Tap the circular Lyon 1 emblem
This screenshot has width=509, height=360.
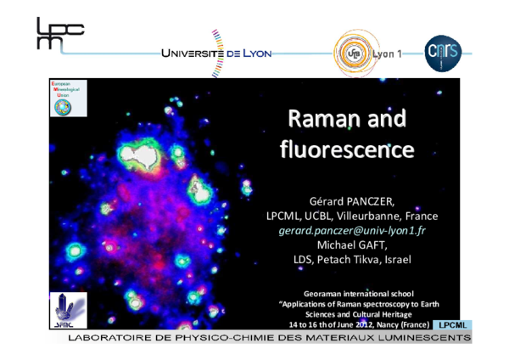pos(354,53)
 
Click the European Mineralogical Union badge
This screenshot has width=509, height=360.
pos(64,99)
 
